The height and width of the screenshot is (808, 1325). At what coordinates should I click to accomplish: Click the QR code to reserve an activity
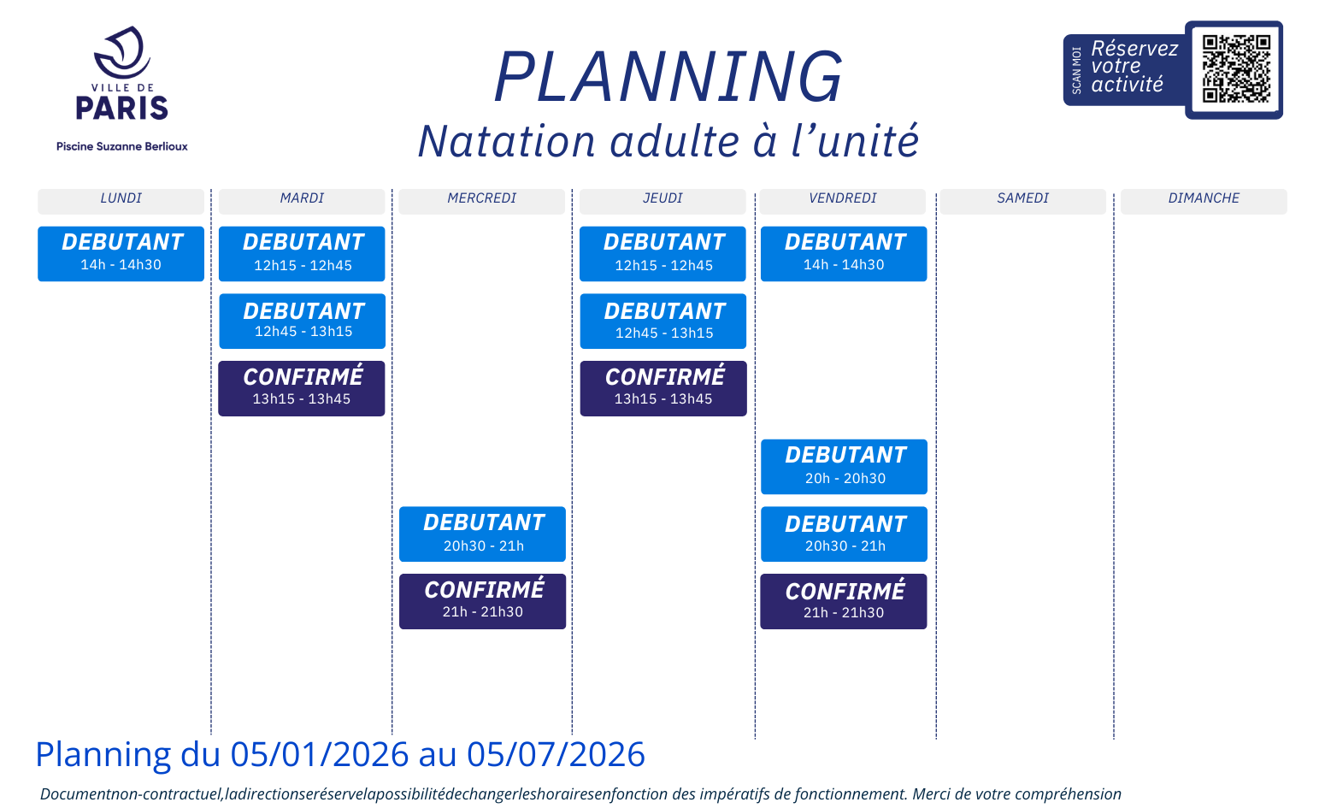[1236, 69]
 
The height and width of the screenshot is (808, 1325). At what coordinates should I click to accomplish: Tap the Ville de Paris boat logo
[122, 52]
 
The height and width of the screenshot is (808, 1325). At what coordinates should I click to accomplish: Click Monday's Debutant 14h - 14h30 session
[121, 254]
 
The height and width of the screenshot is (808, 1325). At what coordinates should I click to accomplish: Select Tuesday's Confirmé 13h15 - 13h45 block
[302, 389]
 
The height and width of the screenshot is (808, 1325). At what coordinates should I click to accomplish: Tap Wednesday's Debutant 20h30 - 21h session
[483, 534]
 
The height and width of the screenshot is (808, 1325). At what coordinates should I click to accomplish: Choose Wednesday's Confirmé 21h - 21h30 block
[483, 602]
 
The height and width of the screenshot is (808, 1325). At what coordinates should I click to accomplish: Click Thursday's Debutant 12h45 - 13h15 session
[663, 321]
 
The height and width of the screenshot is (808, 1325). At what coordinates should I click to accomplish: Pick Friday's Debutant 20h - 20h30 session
[844, 467]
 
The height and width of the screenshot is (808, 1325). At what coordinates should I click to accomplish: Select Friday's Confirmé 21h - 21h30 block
[844, 602]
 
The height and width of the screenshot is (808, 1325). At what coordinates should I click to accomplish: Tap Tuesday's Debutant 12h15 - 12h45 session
[302, 254]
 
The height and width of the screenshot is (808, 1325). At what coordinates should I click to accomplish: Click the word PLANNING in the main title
[668, 77]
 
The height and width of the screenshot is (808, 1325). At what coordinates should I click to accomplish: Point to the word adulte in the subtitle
[674, 141]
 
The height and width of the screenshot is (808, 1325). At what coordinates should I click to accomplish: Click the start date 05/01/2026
[320, 754]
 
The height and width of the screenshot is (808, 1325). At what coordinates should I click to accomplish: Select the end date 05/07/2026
[556, 754]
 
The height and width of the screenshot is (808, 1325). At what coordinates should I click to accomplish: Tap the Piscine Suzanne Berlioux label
[122, 146]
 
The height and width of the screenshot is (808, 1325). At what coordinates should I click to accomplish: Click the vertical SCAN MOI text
[1076, 70]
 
